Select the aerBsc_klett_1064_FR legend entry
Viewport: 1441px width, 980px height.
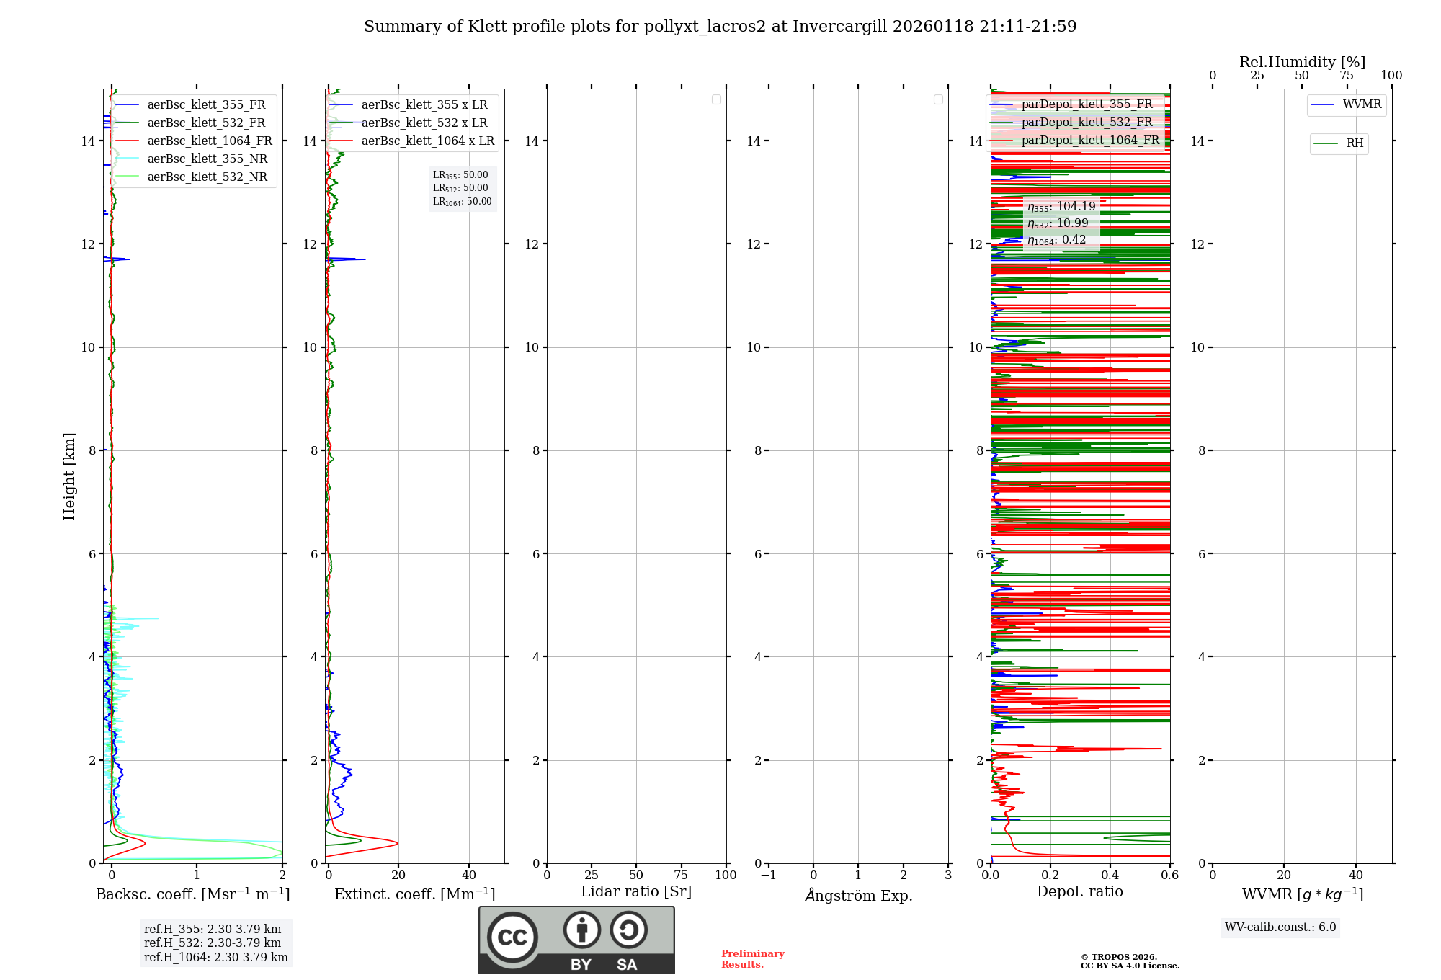[210, 141]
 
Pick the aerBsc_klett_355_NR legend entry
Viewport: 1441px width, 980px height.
[207, 159]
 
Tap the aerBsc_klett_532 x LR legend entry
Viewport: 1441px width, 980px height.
[424, 123]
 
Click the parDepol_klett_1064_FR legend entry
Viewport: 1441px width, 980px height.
[1090, 141]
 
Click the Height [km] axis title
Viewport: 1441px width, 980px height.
[69, 476]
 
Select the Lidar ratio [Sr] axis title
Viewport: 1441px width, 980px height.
[636, 892]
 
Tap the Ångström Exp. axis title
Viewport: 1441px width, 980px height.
[858, 896]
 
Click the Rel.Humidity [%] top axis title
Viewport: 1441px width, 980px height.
[1302, 62]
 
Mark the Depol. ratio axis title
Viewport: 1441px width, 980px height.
[1079, 892]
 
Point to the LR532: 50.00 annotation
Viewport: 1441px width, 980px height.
[460, 188]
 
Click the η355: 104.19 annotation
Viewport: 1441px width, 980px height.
[1061, 207]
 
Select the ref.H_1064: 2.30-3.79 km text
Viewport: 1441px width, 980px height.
[215, 958]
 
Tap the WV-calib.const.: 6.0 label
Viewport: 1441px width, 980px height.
[1280, 927]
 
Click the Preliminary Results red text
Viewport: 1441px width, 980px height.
[752, 959]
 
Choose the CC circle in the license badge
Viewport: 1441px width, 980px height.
[512, 937]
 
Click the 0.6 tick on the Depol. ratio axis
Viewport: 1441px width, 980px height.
[1169, 876]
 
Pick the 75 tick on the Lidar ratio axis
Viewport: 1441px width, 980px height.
[681, 876]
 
